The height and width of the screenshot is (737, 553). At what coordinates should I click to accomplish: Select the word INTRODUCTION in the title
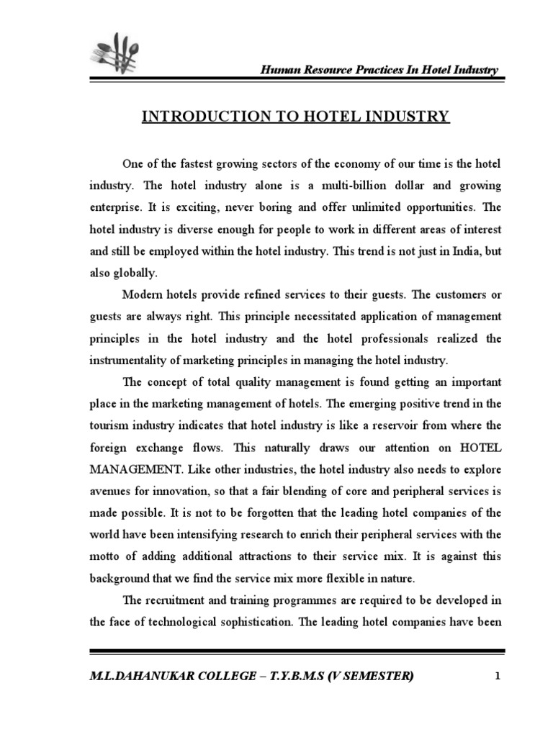(x=209, y=117)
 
